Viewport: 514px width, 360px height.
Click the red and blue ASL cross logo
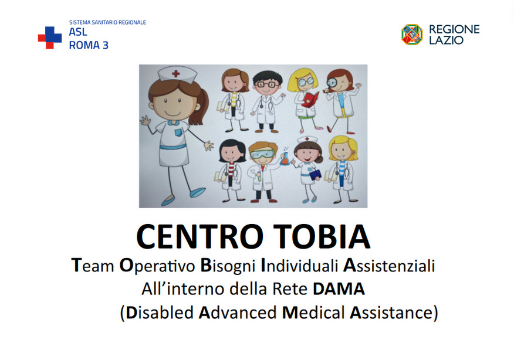tap(50, 38)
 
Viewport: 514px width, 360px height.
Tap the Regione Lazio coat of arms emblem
tap(412, 35)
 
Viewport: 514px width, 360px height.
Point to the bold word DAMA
tap(339, 289)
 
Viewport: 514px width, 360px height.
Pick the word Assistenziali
tap(389, 266)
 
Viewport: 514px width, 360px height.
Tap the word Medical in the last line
tap(313, 313)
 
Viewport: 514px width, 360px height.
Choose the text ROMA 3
tap(89, 45)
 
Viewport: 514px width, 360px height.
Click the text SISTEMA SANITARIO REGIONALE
tap(107, 23)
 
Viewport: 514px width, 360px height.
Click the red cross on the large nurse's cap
tap(176, 73)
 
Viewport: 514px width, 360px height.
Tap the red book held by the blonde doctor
tap(310, 99)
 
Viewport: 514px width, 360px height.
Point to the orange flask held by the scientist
tap(284, 159)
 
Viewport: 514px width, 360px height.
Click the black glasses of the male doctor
tap(266, 84)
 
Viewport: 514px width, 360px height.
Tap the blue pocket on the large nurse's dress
tap(178, 133)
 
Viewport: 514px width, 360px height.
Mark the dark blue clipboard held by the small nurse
tap(315, 174)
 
